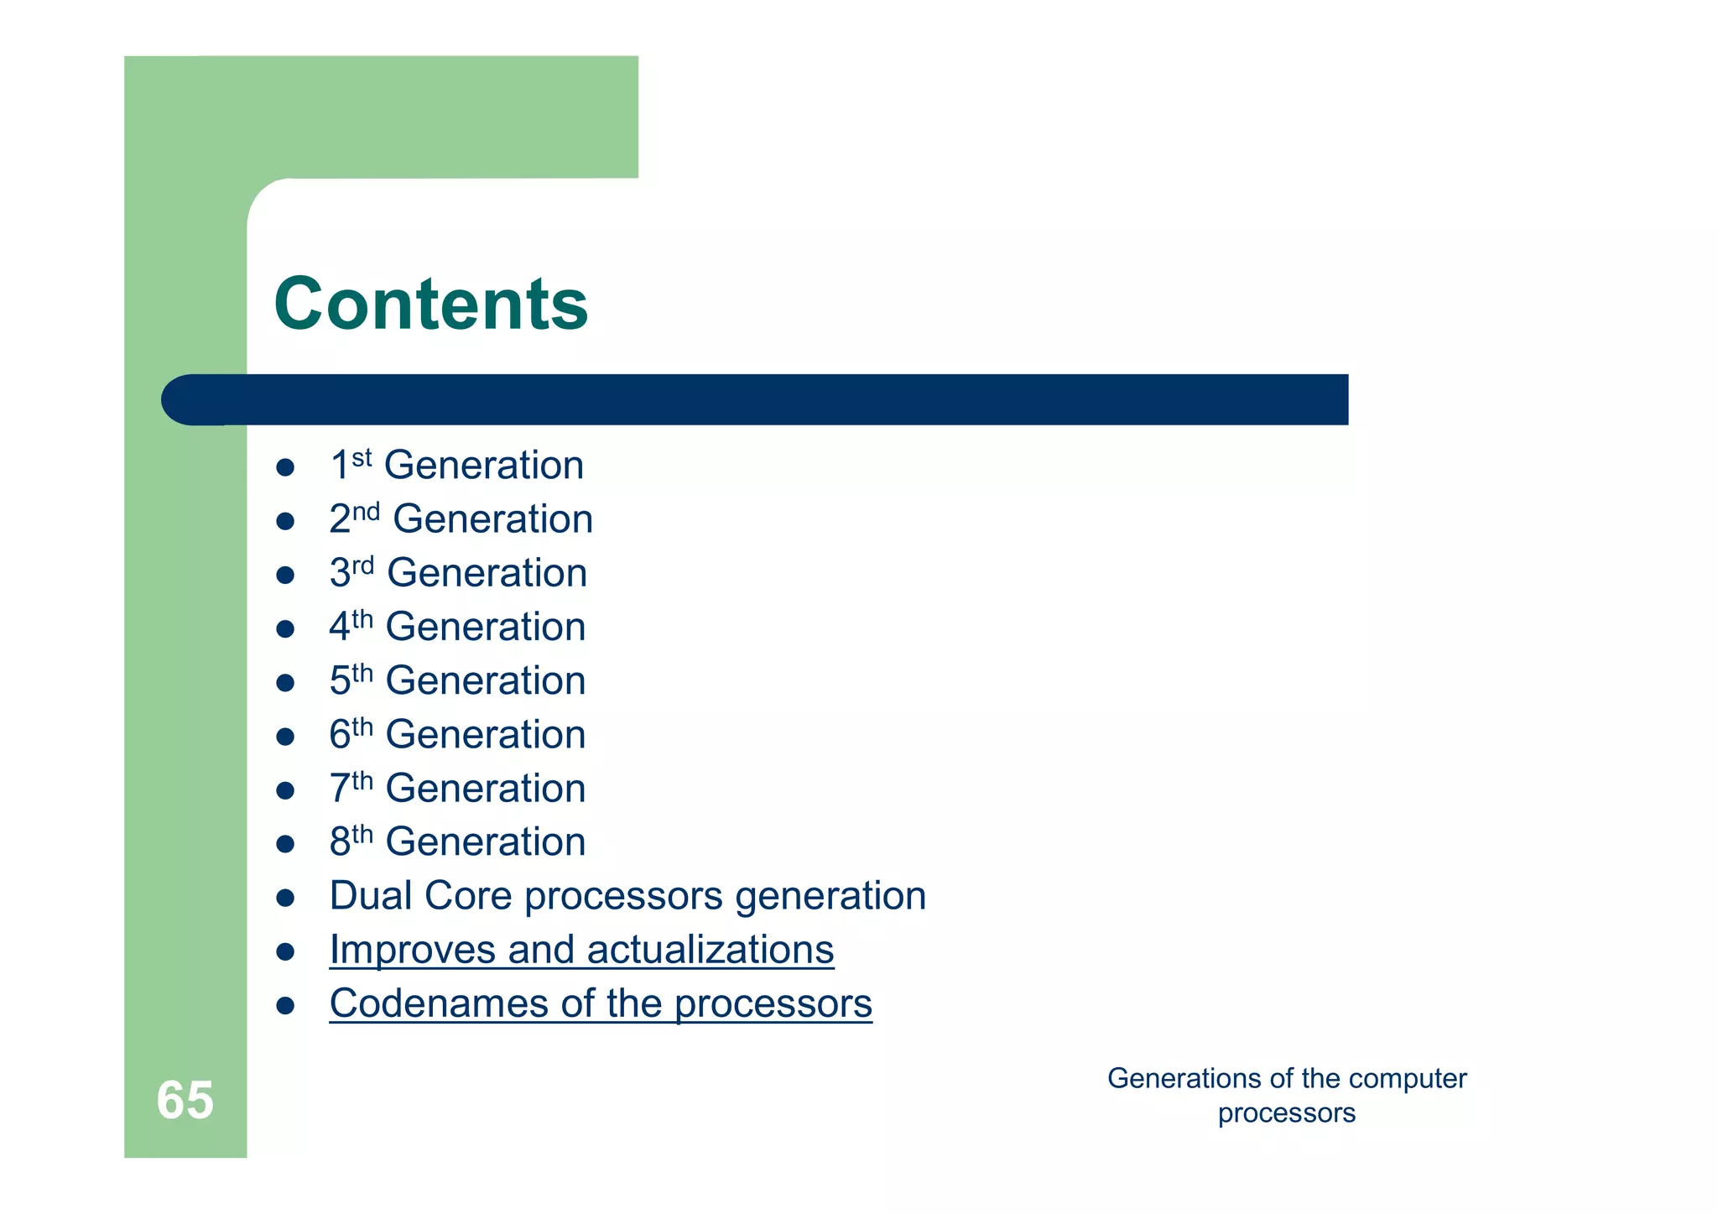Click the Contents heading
coord(430,304)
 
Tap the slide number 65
coord(185,1100)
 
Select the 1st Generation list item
coord(456,466)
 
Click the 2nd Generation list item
coord(461,519)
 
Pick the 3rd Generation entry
coord(458,573)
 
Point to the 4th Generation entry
coord(457,627)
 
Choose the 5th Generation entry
coord(457,680)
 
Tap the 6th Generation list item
coord(457,735)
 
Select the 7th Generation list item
coord(457,789)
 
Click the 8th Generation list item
coord(457,842)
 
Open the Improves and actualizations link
coord(581,950)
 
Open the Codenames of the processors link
coord(601,1003)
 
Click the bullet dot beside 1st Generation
coord(285,467)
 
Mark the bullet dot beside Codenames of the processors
coord(285,1005)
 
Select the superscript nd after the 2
coord(366,511)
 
